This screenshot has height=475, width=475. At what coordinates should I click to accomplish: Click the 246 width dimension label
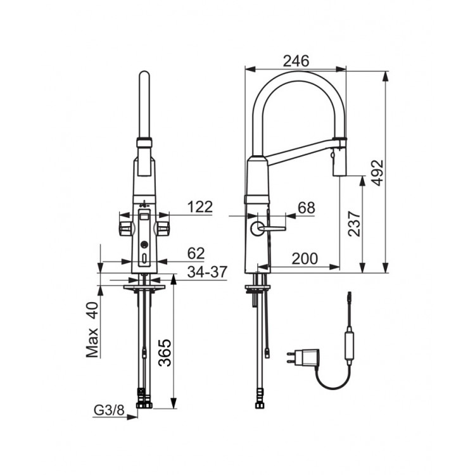pos(296,61)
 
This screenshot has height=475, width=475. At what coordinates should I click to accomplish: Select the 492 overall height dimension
pos(377,173)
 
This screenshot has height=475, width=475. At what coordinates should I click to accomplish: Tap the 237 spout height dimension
pos(354,224)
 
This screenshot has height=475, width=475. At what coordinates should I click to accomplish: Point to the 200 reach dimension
pos(305,258)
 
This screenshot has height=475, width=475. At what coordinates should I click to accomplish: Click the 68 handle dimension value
pos(307,208)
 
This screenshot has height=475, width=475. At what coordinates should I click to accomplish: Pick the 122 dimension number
pos(200,207)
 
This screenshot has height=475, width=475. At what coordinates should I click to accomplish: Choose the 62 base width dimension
pos(196,253)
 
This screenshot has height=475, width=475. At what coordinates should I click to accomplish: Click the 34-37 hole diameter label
pos(207,272)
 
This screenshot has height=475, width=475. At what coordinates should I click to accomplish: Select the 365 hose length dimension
pos(165,353)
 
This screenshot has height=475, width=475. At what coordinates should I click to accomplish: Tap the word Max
pos(92,343)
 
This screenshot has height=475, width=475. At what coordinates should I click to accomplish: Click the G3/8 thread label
pos(109,410)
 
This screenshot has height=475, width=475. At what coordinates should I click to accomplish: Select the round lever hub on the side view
pos(258,228)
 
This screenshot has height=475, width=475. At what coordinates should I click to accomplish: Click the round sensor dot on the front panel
pos(144,244)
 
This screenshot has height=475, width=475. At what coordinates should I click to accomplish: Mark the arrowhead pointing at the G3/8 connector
pos(132,417)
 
